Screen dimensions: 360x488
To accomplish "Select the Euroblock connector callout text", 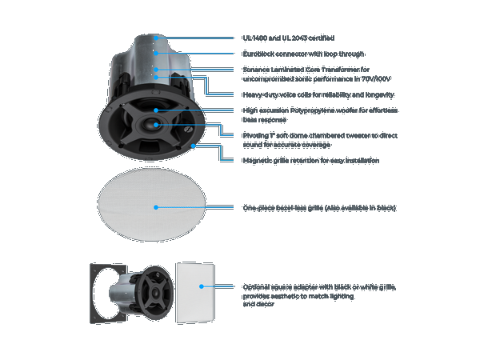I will pos(303,54).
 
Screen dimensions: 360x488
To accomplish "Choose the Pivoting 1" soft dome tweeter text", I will pos(320,135).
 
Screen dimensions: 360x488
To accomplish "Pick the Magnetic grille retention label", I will pos(311,160).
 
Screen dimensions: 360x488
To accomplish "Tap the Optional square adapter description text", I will pos(319,286).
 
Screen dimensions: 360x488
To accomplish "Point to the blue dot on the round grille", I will pos(156,207).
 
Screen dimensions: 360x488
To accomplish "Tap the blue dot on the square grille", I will pos(201,286).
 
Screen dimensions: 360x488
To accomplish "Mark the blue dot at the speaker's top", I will pos(156,38).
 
